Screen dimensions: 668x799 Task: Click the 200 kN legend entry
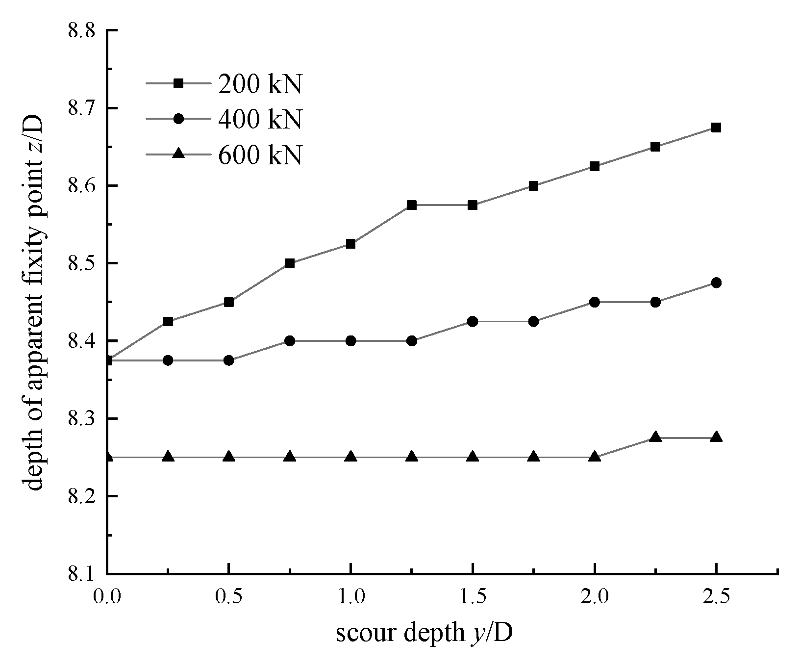tap(259, 84)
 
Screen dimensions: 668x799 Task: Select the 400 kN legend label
tap(259, 119)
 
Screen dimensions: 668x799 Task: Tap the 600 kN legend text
tap(259, 154)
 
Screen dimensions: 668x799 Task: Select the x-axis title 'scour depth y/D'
tap(424, 633)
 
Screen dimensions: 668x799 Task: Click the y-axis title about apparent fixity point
tap(34, 302)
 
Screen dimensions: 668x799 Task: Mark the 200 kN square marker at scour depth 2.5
tap(716, 128)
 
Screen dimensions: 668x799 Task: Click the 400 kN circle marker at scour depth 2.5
tap(716, 283)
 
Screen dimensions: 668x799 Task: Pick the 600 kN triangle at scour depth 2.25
tap(655, 437)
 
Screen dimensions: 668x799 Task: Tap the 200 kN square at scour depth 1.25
tap(412, 205)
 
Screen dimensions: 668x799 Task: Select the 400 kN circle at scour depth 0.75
tap(290, 341)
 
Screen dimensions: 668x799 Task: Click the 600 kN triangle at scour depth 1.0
tap(350, 457)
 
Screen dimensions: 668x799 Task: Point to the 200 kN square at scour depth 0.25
tap(168, 322)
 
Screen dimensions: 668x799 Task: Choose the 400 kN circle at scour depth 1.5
tap(473, 321)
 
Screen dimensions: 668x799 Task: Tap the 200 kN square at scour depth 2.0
tap(595, 166)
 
